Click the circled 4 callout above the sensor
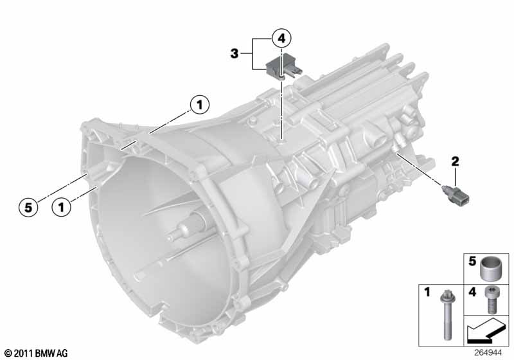(x=281, y=39)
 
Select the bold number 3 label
(x=234, y=53)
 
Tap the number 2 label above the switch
(x=455, y=161)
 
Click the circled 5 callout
(x=28, y=207)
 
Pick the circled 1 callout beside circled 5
(x=61, y=207)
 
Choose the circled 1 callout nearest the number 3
(x=199, y=105)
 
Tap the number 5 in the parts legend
(x=472, y=261)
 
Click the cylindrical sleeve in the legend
(x=490, y=269)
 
